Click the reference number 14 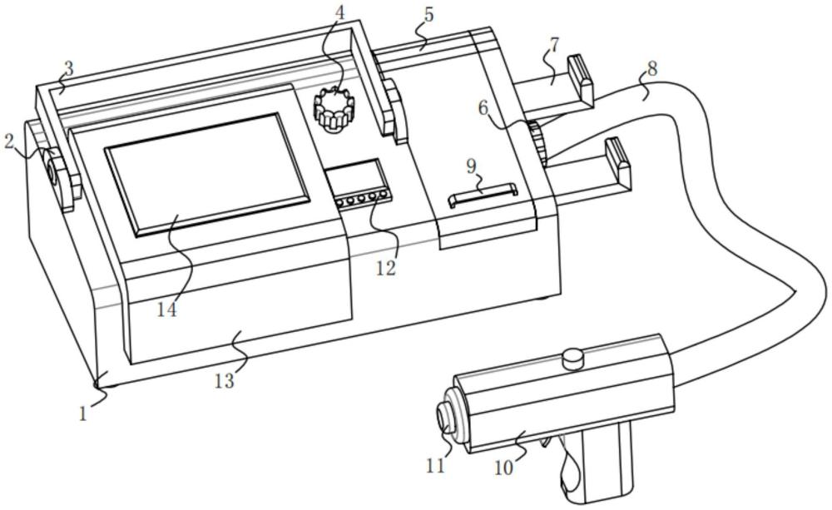(166, 309)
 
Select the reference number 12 (385, 268)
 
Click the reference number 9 (471, 166)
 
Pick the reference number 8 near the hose (652, 68)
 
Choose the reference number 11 (434, 465)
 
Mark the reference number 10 (504, 469)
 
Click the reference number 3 (68, 69)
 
